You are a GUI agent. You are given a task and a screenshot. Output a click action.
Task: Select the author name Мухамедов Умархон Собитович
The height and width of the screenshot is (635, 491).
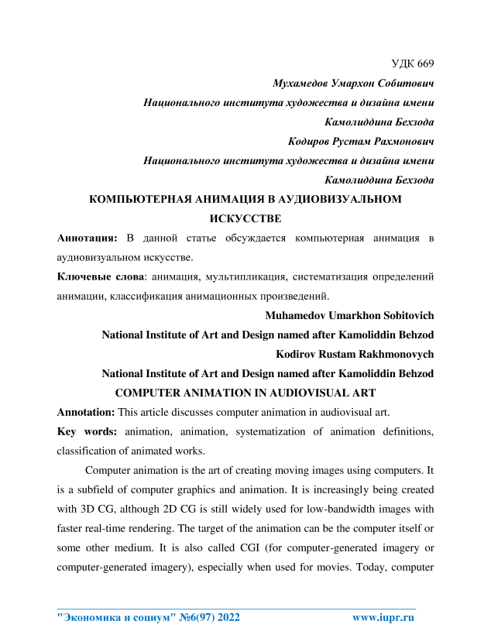353,83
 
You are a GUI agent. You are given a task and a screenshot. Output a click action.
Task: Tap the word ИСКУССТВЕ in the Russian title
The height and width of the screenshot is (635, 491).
245,219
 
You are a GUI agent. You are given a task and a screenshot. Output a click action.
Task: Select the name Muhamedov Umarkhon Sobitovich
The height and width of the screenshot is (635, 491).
349,316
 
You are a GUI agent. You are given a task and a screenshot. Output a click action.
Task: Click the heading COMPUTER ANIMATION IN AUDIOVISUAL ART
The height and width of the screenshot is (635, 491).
245,393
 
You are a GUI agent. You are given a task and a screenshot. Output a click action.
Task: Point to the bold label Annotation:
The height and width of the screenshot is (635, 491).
87,412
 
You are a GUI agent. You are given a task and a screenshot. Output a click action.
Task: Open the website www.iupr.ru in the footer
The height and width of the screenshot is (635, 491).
383,617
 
